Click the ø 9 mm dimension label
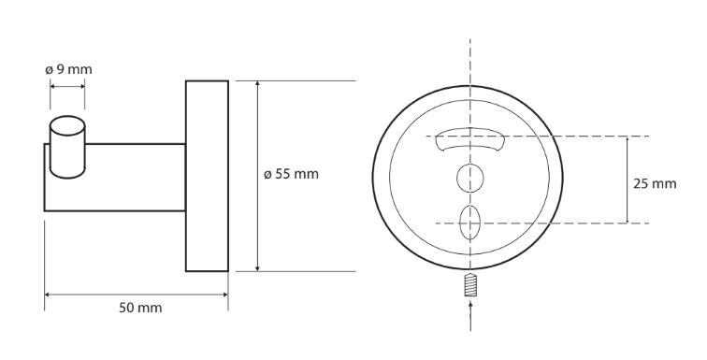[68, 70]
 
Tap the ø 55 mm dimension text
[291, 174]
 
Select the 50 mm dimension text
[140, 309]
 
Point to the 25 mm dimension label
[655, 184]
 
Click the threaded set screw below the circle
[470, 285]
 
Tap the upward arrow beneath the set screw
[470, 316]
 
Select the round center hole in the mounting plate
[470, 178]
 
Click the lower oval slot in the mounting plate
[470, 223]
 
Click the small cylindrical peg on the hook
[67, 147]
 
